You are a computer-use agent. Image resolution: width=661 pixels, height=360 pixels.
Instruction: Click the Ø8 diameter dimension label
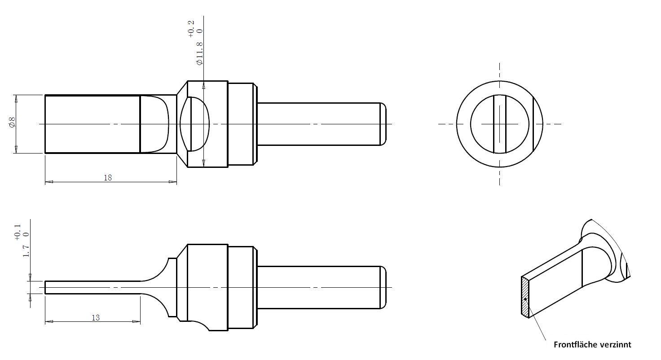point(12,123)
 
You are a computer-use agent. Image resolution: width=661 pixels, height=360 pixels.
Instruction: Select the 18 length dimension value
point(108,178)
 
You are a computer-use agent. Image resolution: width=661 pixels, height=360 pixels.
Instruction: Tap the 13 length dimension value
point(96,318)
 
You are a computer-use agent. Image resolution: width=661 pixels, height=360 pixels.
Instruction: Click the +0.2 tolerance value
point(191,29)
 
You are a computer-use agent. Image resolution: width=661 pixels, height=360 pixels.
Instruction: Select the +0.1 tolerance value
point(18,233)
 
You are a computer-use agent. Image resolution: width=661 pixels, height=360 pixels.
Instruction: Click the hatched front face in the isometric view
point(525,297)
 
